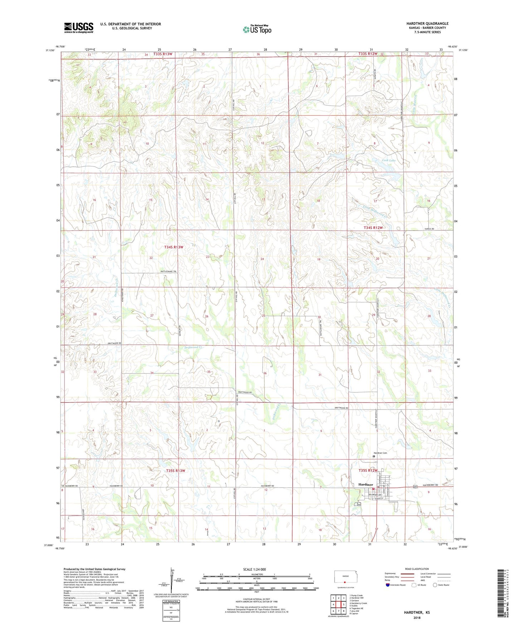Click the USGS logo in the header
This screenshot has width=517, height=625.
pos(78,28)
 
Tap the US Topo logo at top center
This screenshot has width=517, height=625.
pos(257,29)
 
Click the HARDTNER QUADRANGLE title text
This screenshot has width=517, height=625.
pos(427,24)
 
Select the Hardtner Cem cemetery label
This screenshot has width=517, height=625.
pos(380,453)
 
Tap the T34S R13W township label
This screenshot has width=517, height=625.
pos(174,247)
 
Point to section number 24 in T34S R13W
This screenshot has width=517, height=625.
pos(262,259)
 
